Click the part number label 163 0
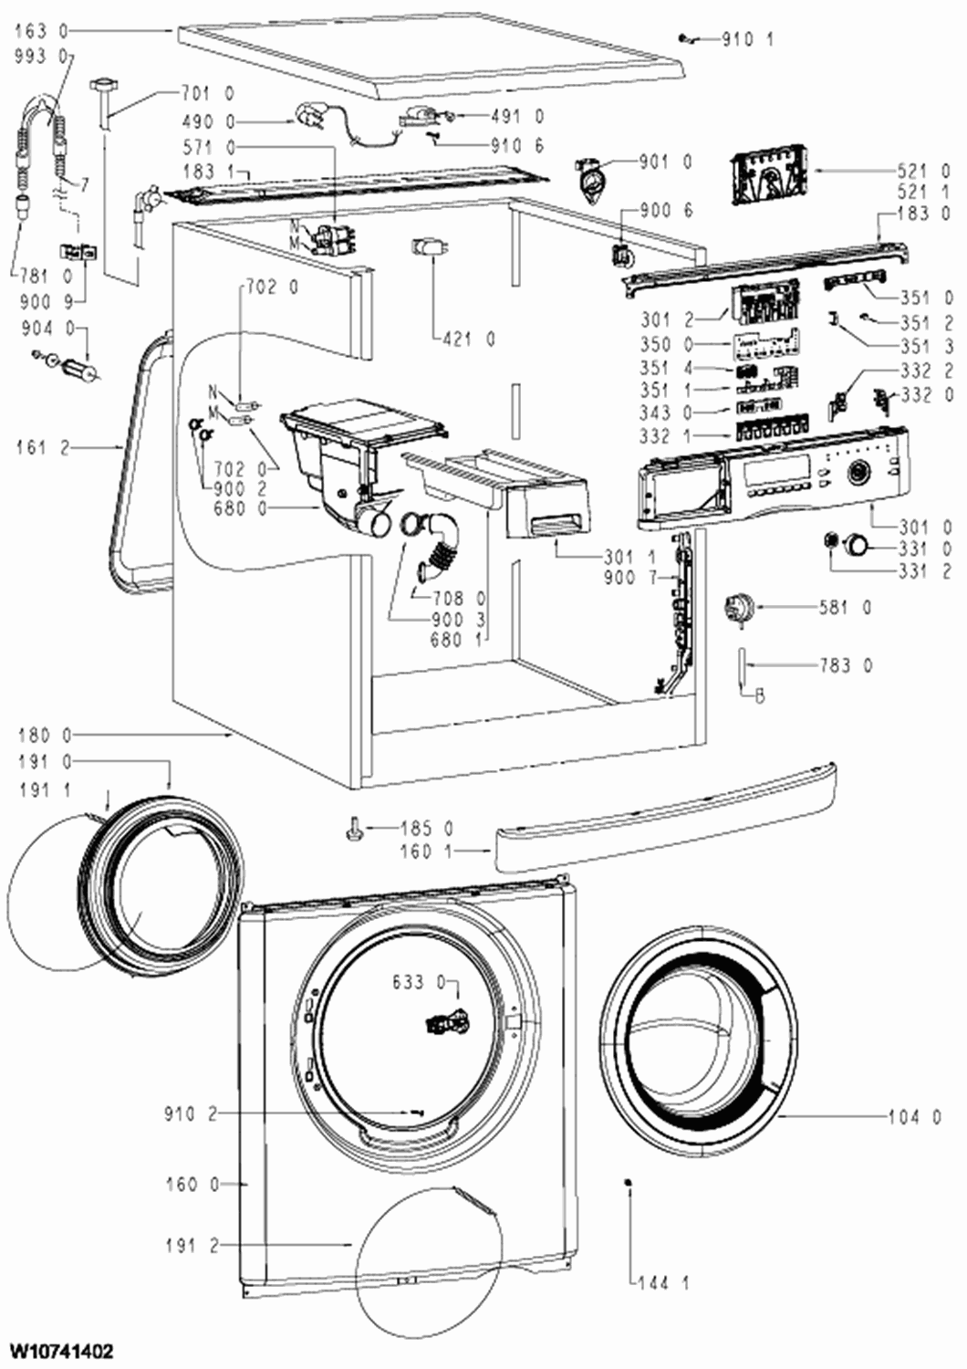(41, 31)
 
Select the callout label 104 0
(914, 1116)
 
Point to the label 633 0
(419, 982)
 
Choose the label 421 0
(469, 339)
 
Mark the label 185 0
(427, 829)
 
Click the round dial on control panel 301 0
(858, 473)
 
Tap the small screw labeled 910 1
(685, 37)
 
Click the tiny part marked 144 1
(629, 1184)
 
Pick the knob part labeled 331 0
(858, 546)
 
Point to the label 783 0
(845, 665)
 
